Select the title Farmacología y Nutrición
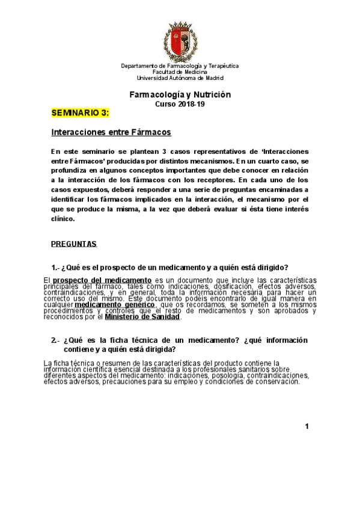pos(180,95)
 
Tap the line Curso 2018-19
pos(180,104)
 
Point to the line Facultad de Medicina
pos(180,72)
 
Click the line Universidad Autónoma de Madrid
pos(180,78)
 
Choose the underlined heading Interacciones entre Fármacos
pos(111,132)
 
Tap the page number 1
pos(307,426)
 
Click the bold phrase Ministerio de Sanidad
pos(142,317)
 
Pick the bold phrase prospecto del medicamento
pos(102,280)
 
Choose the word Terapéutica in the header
pos(222,66)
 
